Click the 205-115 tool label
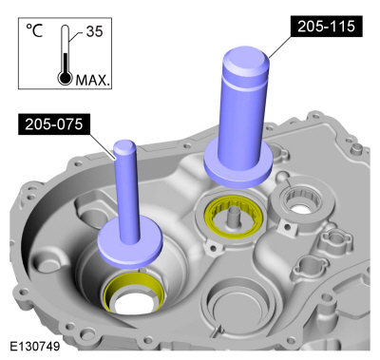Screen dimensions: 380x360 click(x=326, y=27)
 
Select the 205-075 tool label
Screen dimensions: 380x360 click(x=53, y=124)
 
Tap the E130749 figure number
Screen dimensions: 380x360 click(x=34, y=346)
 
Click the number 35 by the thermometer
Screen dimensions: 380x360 click(x=94, y=31)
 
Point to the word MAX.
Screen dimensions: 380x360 click(x=92, y=80)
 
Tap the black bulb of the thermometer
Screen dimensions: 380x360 click(x=65, y=77)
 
